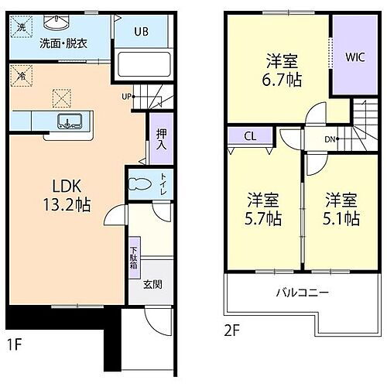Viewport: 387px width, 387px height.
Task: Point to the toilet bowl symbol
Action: (x=140, y=187)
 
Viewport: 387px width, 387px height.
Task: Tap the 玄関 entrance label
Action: (x=152, y=284)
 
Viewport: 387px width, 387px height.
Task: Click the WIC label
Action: (x=355, y=56)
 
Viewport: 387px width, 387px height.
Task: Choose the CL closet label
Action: (x=248, y=135)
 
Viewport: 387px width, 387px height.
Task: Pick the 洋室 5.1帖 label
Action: (x=341, y=208)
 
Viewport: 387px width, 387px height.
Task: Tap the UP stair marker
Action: (x=125, y=97)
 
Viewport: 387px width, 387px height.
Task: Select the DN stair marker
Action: (x=330, y=139)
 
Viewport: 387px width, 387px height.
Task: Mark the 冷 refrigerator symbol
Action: (x=18, y=76)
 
